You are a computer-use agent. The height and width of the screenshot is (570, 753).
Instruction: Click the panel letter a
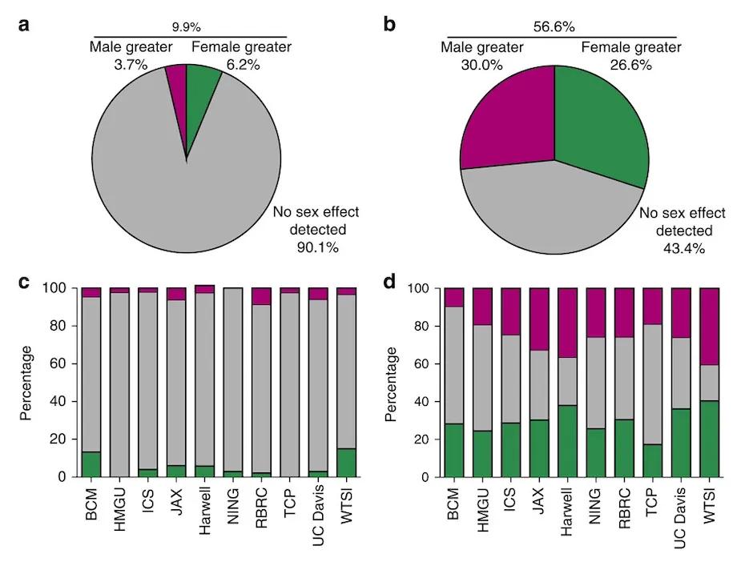coord(25,24)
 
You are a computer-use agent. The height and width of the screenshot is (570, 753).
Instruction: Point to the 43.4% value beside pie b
coord(680,248)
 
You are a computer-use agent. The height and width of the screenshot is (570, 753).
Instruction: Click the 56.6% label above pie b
coord(554,26)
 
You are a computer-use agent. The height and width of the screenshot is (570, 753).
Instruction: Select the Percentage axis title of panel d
coord(390,383)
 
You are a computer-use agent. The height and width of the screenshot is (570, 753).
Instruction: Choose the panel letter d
coord(390,282)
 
